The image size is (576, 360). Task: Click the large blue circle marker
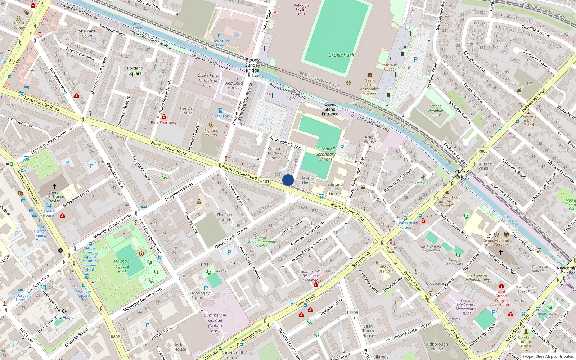[x=288, y=180]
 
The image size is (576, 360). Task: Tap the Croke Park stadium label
[x=341, y=55]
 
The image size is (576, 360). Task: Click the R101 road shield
[x=265, y=181]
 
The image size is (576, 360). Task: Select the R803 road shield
[x=483, y=151]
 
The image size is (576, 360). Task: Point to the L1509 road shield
[x=352, y=312]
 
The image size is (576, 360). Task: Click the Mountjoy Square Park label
[x=122, y=266]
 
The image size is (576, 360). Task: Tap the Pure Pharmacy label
[x=164, y=122]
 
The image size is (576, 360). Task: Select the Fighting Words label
[x=211, y=133]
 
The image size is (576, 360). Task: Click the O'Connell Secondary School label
[x=325, y=154]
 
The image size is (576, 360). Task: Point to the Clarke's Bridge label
[x=463, y=174]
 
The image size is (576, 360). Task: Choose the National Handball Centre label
[x=436, y=111]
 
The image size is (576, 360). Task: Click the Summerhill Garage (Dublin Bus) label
[x=215, y=323]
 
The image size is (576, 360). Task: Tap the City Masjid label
[x=64, y=318]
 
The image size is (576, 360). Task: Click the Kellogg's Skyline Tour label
[x=301, y=10]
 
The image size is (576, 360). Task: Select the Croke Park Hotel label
[x=221, y=43]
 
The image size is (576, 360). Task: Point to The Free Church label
[x=225, y=217]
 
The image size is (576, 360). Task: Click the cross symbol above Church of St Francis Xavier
[x=54, y=186]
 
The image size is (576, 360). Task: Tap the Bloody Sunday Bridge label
[x=252, y=65]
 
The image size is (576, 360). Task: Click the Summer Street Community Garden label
[x=261, y=242]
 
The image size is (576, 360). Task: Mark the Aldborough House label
[x=437, y=346]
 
